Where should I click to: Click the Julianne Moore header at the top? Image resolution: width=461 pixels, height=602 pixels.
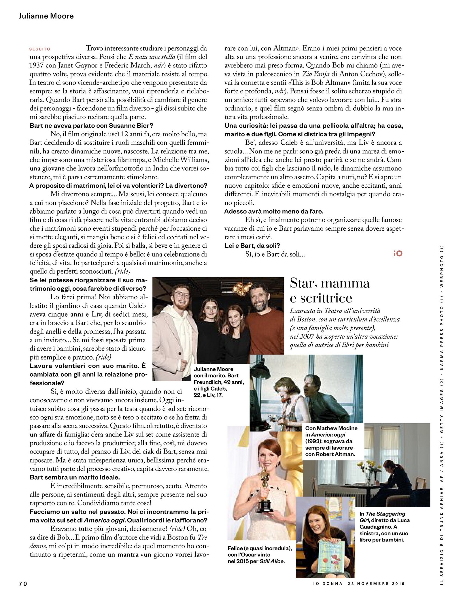[46, 16]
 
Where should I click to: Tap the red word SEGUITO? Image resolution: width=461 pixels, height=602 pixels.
[40, 49]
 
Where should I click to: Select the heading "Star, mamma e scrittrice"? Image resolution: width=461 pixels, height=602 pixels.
[329, 290]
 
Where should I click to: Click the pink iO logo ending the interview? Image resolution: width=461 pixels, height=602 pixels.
[398, 253]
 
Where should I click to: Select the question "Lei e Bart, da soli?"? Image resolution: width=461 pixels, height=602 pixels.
[252, 245]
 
